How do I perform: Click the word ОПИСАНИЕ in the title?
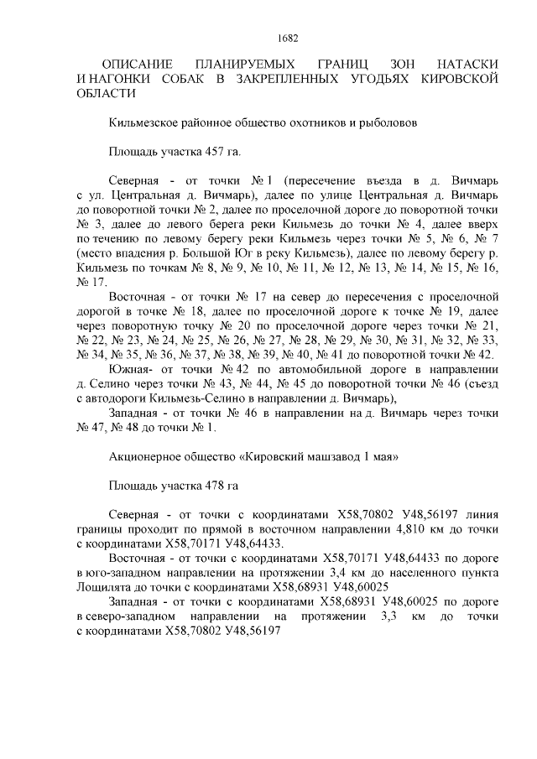coord(136,65)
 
